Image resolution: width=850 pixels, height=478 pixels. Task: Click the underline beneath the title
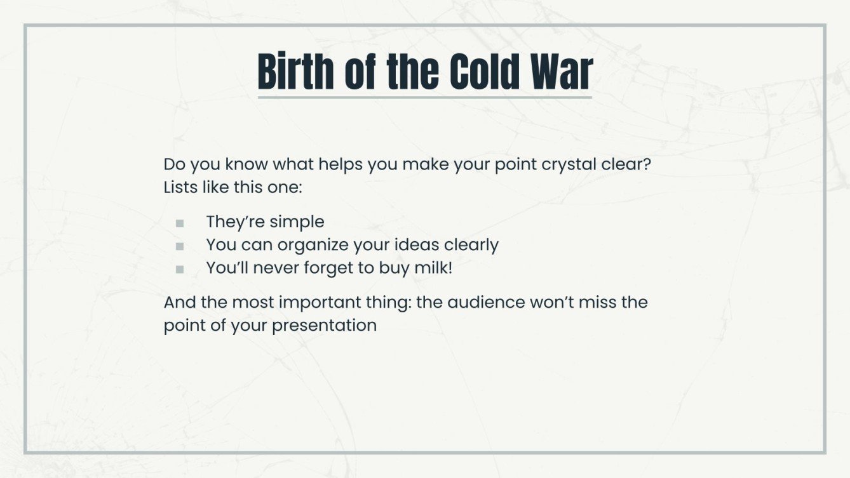click(x=424, y=97)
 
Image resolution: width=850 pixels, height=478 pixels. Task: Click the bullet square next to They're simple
click(x=180, y=223)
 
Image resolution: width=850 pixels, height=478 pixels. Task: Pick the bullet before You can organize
click(x=180, y=246)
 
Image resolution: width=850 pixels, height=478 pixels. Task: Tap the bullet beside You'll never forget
click(x=180, y=269)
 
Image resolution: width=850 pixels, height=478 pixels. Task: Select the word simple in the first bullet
click(x=297, y=222)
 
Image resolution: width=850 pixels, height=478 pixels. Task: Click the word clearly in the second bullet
click(x=471, y=245)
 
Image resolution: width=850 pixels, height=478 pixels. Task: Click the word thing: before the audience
click(x=389, y=303)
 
